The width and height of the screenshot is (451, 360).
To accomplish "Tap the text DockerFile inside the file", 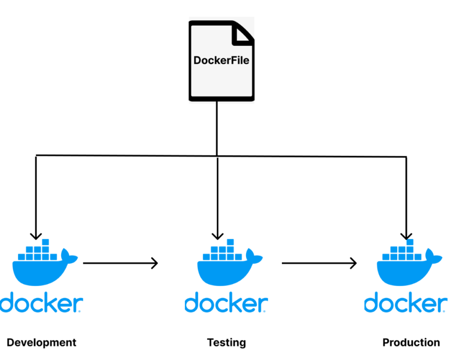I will (222, 60).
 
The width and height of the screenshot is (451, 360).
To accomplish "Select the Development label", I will (41, 342).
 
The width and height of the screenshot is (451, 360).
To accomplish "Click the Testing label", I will (226, 342).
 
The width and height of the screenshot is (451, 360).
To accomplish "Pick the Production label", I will (411, 342).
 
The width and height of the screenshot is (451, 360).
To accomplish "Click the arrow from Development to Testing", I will (120, 264).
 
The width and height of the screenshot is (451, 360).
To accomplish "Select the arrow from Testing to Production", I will (319, 264).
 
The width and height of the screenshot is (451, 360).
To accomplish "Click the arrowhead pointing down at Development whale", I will (36, 235).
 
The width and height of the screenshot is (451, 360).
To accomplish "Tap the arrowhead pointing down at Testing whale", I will (218, 235).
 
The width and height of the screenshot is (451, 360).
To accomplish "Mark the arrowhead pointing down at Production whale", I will (406, 235).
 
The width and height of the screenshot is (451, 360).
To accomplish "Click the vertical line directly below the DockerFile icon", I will (217, 128).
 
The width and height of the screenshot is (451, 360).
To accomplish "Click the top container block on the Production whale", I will (410, 242).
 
